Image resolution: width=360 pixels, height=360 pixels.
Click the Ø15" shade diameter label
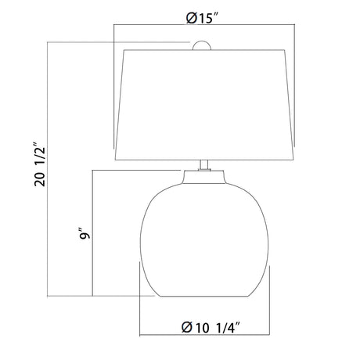pos(202,18)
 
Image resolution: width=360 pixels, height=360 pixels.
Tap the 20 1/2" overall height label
pos(40,164)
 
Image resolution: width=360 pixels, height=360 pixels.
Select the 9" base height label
pos(85,234)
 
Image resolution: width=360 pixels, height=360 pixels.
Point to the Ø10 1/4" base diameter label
pos(211,327)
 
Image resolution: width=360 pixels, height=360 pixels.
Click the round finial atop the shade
pos(202,45)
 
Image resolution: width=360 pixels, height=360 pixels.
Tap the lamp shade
pos(204,105)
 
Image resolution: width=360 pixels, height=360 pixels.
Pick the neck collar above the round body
pos(204,177)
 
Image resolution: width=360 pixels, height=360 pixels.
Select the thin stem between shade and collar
pos(204,165)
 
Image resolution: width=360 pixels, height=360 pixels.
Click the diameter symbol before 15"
pos(191,18)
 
